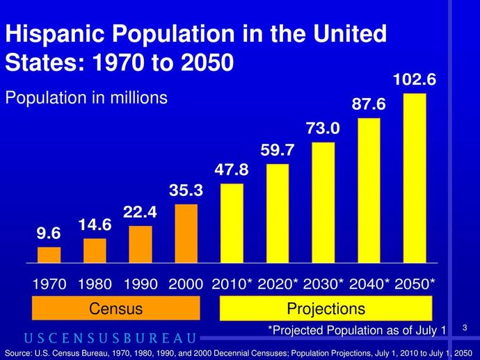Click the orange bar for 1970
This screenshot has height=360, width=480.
point(49,255)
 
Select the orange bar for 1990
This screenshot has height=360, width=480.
point(141,245)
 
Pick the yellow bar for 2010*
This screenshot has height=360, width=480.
point(232,223)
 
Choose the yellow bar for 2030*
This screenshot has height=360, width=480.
point(323,203)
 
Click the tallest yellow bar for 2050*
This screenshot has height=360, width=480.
point(414,179)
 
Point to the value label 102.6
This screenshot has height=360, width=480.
point(415,80)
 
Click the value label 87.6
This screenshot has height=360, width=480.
point(369,104)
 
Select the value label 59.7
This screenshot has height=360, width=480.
point(278,150)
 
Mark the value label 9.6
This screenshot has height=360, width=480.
point(49,234)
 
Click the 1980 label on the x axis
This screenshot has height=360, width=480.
point(95,284)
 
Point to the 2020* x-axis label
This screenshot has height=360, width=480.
point(278,284)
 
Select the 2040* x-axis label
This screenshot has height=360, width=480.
point(369,284)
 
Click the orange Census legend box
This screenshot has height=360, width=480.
point(116,309)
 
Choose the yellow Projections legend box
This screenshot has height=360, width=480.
point(326,309)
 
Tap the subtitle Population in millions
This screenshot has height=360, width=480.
point(86,98)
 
